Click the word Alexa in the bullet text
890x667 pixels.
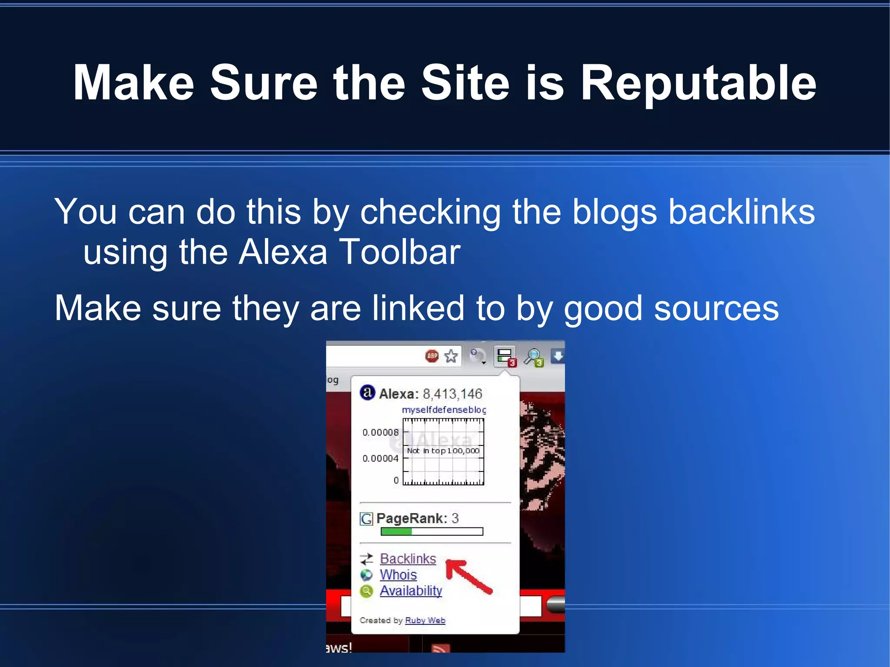283,252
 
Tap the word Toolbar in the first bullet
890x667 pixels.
399,252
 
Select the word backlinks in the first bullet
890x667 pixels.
741,212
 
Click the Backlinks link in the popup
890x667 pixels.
408,559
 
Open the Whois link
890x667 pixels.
398,575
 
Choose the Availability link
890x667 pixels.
411,591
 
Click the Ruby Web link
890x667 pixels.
425,621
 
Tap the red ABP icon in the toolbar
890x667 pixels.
432,356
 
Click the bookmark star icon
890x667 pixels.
451,356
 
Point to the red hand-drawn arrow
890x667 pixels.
468,576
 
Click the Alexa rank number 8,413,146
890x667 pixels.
452,394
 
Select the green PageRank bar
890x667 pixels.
396,531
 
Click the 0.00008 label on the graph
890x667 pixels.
380,432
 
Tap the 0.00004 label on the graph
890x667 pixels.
380,458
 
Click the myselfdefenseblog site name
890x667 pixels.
443,410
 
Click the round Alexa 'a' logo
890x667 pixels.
367,393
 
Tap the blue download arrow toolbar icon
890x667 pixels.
558,356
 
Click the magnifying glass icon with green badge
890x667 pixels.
533,357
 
